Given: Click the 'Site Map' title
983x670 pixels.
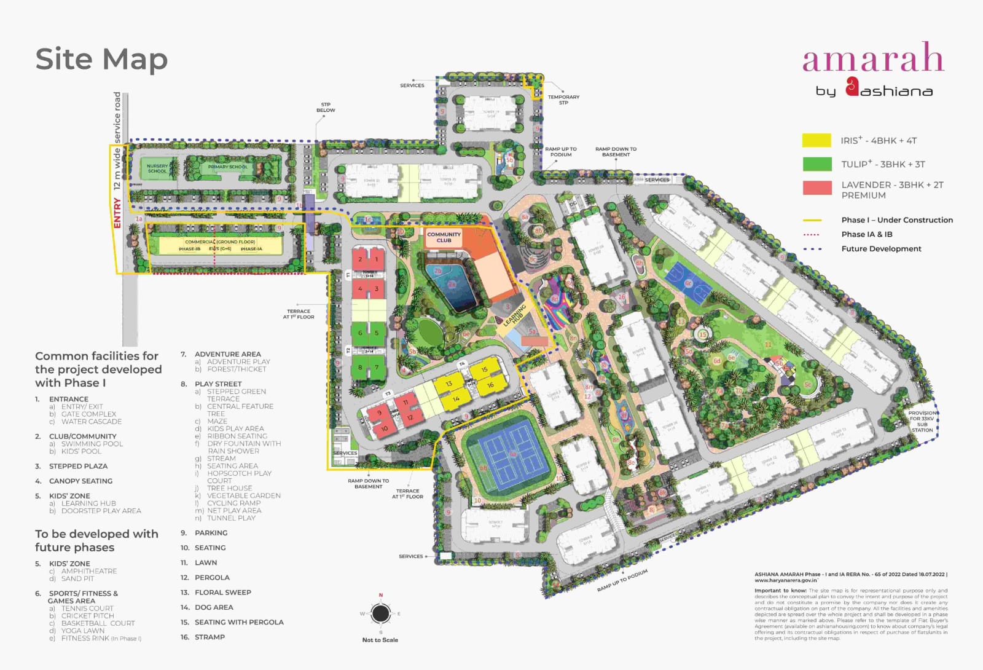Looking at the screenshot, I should [x=101, y=60].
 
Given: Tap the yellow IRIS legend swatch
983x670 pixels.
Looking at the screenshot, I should [x=817, y=140].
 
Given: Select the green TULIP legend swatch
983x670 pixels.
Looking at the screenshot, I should [x=817, y=164].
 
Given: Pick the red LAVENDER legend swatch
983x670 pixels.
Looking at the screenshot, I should [x=817, y=188].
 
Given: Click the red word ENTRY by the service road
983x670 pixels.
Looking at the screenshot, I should [x=117, y=213].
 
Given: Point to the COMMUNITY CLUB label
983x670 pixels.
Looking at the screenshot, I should [x=444, y=237].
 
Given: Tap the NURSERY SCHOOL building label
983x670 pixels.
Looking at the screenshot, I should [x=157, y=168].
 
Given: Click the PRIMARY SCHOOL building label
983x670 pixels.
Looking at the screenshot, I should [x=227, y=167].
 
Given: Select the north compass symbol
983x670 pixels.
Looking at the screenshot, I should [x=380, y=613].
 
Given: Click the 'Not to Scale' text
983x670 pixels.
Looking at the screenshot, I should [x=380, y=640].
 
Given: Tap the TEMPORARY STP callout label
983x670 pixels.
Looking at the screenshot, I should [x=563, y=100].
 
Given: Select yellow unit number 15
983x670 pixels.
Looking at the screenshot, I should [x=485, y=369].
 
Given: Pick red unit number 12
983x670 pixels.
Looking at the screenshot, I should [x=410, y=417].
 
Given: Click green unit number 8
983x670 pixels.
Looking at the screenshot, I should [x=361, y=368].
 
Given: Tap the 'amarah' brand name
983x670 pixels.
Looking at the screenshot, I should [x=872, y=58].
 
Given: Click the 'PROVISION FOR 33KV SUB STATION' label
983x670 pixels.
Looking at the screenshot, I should [x=922, y=421].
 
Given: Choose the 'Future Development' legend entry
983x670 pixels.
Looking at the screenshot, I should [x=881, y=249].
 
